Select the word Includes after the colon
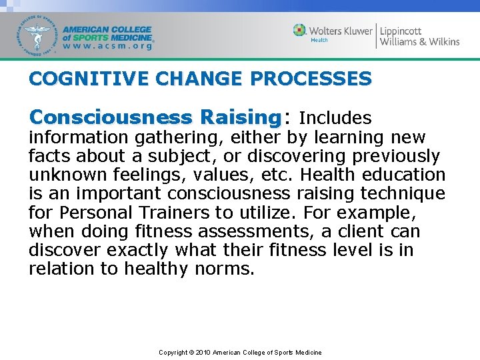(335, 118)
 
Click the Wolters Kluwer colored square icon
(300, 30)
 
